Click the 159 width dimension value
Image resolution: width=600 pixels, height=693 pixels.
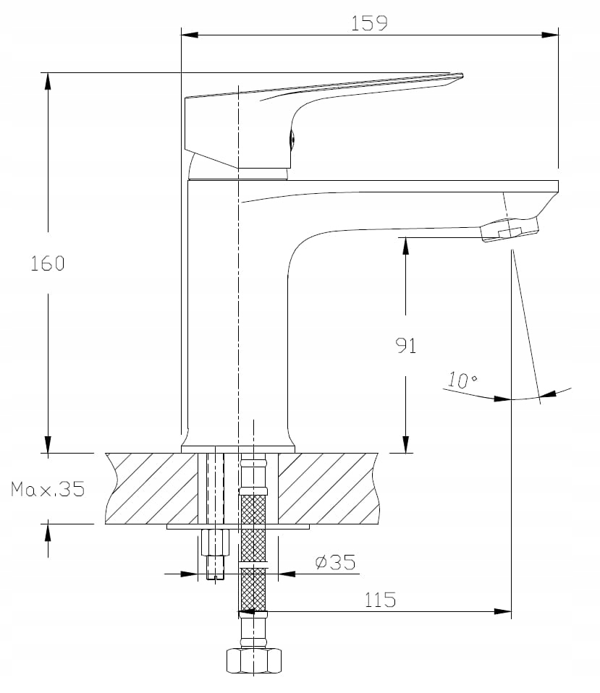click(x=369, y=22)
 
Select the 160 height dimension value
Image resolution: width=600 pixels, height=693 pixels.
click(x=48, y=263)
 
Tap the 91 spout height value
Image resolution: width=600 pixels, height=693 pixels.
click(x=406, y=346)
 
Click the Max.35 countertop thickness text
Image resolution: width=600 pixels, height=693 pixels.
click(x=48, y=490)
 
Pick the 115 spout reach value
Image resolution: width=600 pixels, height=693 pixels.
click(x=380, y=599)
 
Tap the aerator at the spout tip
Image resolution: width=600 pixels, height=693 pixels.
click(x=510, y=231)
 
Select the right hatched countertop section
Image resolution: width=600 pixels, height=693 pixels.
click(x=329, y=488)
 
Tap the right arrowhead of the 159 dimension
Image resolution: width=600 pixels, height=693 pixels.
click(x=552, y=34)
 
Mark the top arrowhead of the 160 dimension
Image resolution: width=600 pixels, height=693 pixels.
click(x=48, y=80)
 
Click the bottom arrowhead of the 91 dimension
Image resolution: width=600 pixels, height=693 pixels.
click(x=406, y=446)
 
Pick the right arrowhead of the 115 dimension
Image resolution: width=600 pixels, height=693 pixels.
click(x=504, y=612)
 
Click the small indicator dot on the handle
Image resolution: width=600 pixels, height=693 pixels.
click(x=292, y=139)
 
